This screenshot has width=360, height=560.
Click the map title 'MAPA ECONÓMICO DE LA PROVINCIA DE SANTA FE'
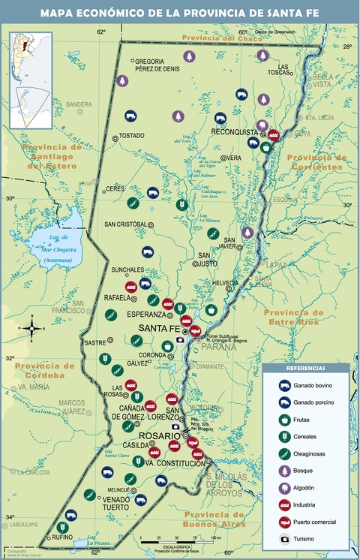pos(180,13)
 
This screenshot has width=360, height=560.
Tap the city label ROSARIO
pos(153,435)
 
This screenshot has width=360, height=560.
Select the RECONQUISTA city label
pos(233,131)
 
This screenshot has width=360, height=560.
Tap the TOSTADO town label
pos(131,136)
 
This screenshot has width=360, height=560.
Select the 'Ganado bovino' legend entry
pos(313,385)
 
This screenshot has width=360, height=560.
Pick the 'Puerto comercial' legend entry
pos(313,522)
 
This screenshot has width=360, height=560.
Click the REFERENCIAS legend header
pos(306,369)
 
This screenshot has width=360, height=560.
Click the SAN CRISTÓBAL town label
pos(126,224)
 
